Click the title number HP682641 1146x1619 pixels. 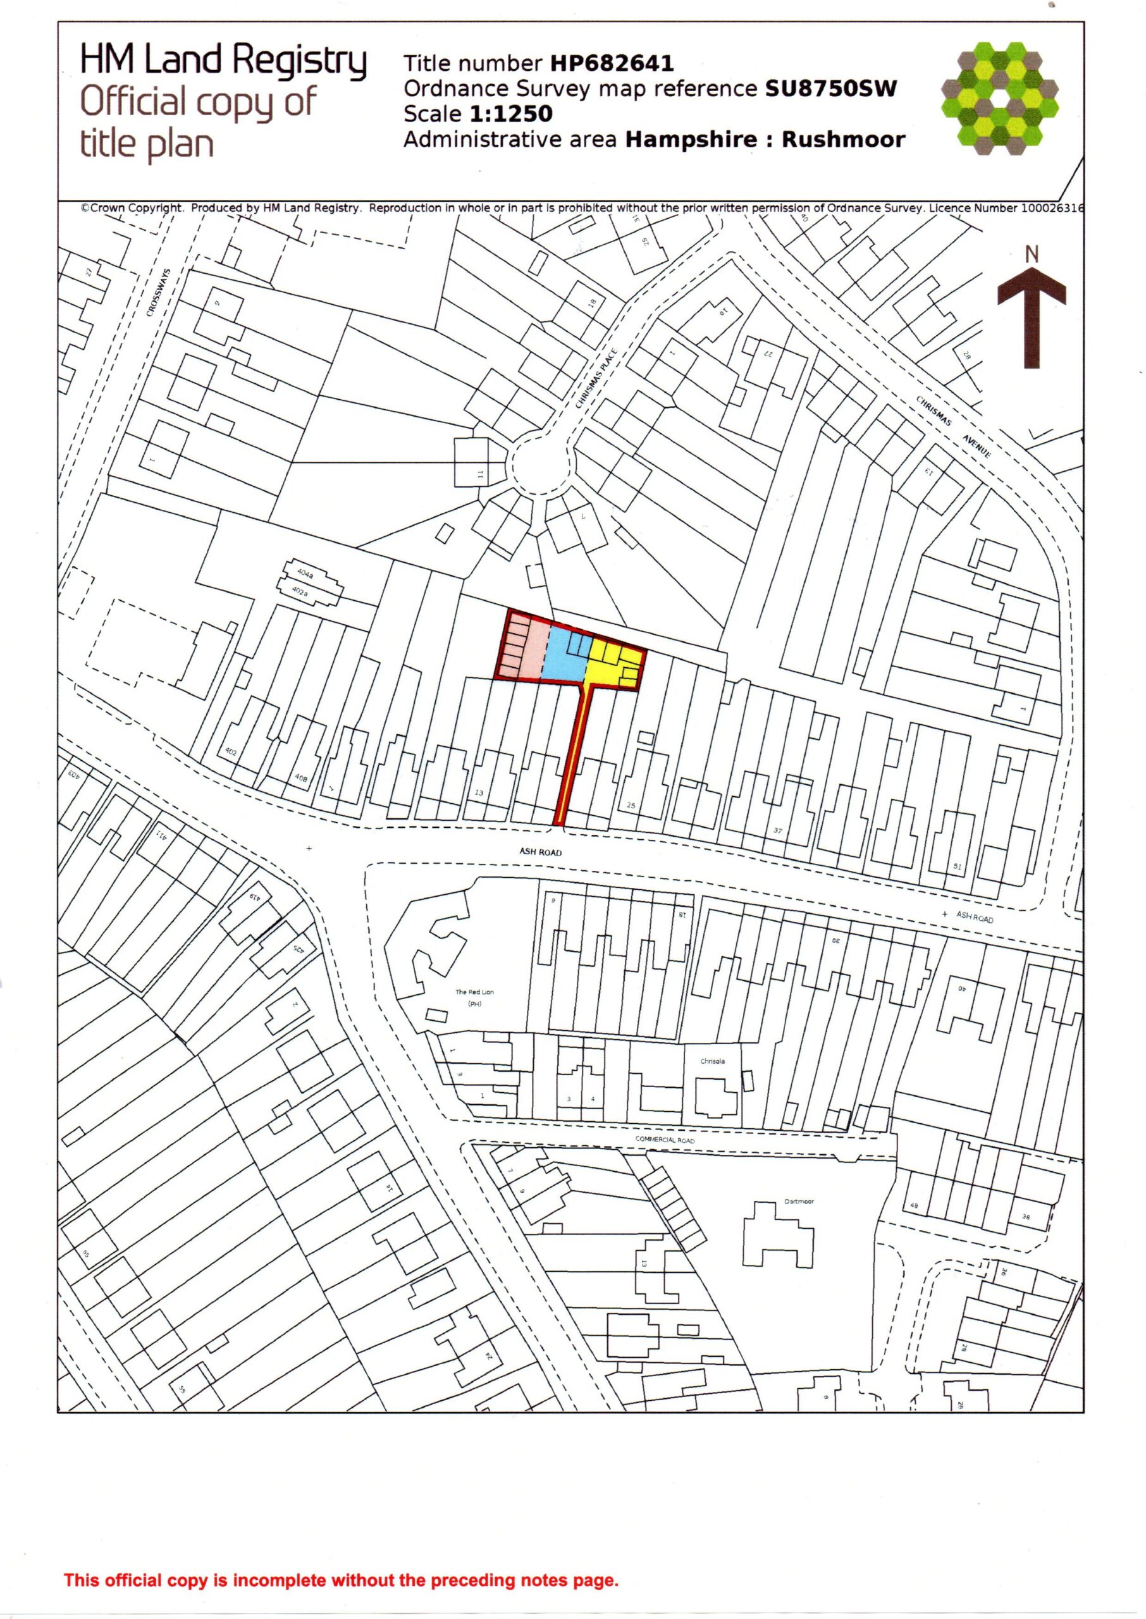(x=612, y=63)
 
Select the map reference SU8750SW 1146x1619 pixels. (x=830, y=89)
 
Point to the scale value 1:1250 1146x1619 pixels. (x=511, y=114)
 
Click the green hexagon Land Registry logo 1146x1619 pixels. (x=999, y=99)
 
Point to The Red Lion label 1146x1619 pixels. (x=474, y=992)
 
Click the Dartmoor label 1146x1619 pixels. (x=799, y=1201)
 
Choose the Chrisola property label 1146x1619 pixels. (x=712, y=1061)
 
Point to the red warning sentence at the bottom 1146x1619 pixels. (x=341, y=1580)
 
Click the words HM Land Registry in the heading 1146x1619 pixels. (x=223, y=60)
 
